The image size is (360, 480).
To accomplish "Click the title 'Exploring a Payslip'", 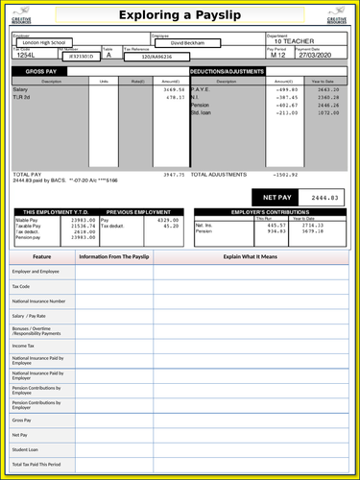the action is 180,16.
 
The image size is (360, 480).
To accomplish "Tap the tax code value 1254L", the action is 25,56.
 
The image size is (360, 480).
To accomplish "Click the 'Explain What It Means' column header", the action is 251,257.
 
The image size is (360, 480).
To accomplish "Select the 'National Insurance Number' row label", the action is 38,300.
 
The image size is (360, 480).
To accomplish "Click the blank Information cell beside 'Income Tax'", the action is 112,346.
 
